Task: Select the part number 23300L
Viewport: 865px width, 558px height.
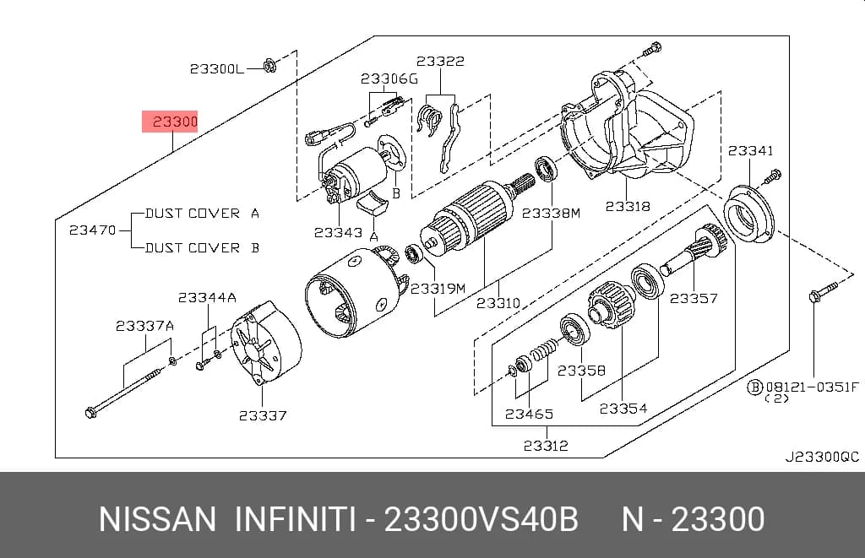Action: click(216, 69)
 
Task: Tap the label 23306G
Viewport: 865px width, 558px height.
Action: click(389, 79)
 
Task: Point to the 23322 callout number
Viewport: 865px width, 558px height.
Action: click(440, 62)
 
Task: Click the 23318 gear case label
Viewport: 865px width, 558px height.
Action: click(628, 206)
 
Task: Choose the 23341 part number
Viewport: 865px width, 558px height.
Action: click(750, 150)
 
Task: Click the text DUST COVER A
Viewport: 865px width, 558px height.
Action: click(202, 214)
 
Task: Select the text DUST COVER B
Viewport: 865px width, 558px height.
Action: click(202, 248)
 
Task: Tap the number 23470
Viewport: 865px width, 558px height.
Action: click(92, 230)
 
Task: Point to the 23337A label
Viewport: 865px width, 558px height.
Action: click(144, 326)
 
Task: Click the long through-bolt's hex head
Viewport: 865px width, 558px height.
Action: click(91, 412)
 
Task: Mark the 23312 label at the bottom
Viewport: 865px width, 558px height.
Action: click(546, 446)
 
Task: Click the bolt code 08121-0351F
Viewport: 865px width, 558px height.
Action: click(812, 387)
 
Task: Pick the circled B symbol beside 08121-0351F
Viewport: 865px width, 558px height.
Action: click(754, 387)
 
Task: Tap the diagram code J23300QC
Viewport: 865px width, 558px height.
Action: click(822, 457)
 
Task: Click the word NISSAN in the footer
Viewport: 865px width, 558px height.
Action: click(157, 519)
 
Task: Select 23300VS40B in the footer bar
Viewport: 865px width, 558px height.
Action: click(481, 519)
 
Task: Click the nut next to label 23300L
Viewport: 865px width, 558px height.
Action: click(269, 66)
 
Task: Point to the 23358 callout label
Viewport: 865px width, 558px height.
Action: click(581, 371)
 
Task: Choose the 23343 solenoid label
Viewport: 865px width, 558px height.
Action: click(338, 233)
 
